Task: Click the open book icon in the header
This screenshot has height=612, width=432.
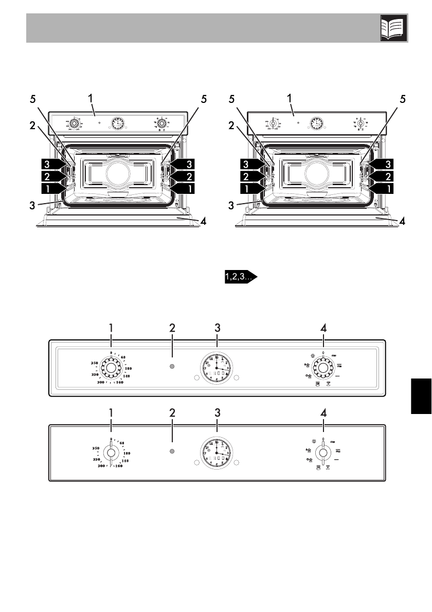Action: (394, 28)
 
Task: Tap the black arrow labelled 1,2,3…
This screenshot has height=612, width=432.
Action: (240, 277)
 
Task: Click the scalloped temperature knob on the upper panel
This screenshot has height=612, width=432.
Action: (111, 367)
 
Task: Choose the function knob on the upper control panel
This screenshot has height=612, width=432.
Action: (322, 367)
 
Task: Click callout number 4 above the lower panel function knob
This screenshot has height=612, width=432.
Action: (323, 412)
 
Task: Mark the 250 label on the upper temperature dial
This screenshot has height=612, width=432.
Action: (94, 363)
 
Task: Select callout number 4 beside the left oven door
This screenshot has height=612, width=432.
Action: (204, 222)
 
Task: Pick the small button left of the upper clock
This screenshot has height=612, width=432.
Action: (196, 377)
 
